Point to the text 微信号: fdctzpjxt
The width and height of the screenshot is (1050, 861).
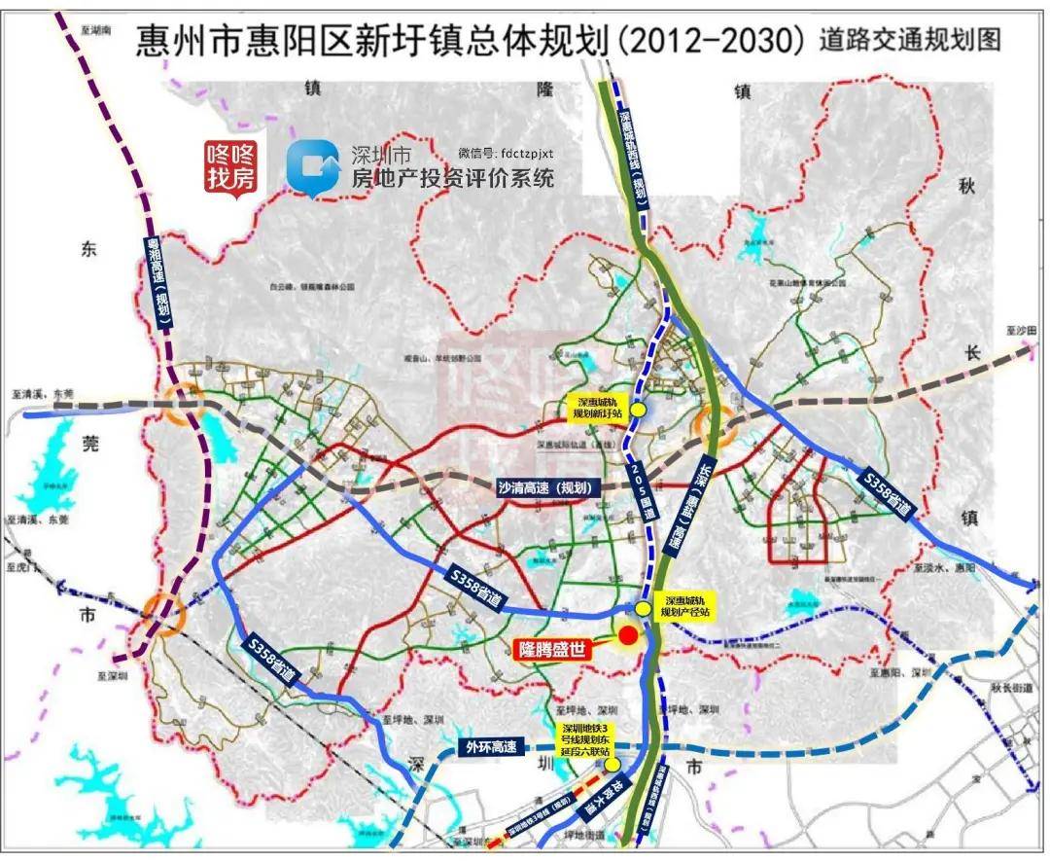pos(506,153)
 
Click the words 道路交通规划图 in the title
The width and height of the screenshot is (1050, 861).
pos(909,40)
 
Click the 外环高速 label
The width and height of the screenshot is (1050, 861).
pos(491,747)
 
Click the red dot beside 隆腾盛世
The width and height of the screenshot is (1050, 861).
pos(628,635)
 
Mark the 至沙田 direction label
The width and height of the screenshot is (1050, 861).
pos(1021,332)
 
